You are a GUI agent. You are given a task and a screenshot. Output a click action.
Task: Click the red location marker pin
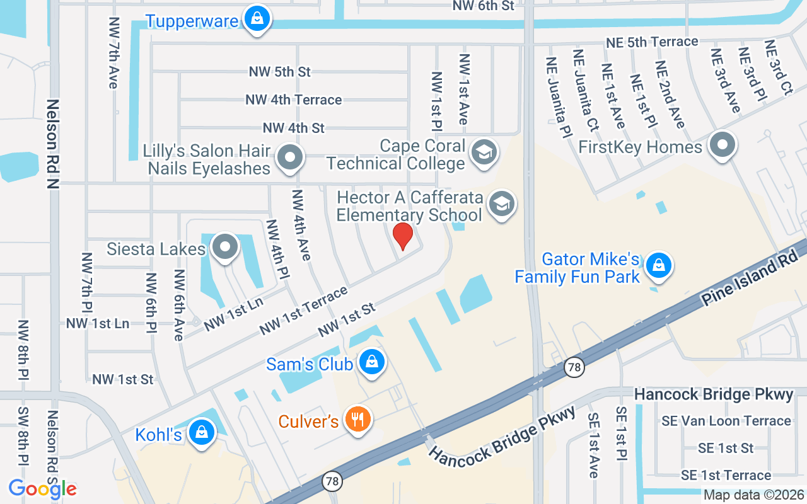(x=403, y=236)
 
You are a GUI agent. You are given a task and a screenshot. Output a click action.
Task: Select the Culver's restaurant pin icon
(x=358, y=419)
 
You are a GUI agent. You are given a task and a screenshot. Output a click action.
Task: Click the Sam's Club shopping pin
(x=372, y=362)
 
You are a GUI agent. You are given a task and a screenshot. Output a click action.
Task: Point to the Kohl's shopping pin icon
(x=201, y=433)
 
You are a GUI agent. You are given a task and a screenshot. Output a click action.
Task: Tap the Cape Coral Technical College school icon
(x=484, y=152)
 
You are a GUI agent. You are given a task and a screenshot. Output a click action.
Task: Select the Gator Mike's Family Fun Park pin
(x=659, y=265)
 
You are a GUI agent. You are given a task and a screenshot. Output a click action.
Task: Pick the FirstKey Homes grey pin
(x=722, y=146)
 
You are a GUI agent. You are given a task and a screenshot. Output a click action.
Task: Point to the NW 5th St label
(x=280, y=72)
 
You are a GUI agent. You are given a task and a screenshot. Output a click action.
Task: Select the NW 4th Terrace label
(x=294, y=100)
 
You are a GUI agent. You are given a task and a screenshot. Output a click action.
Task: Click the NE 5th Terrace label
(x=652, y=42)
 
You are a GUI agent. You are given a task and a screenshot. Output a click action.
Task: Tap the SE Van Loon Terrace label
(x=726, y=421)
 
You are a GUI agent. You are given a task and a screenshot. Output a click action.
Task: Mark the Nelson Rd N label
(x=52, y=144)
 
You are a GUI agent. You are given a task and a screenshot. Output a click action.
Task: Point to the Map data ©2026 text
(x=754, y=495)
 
